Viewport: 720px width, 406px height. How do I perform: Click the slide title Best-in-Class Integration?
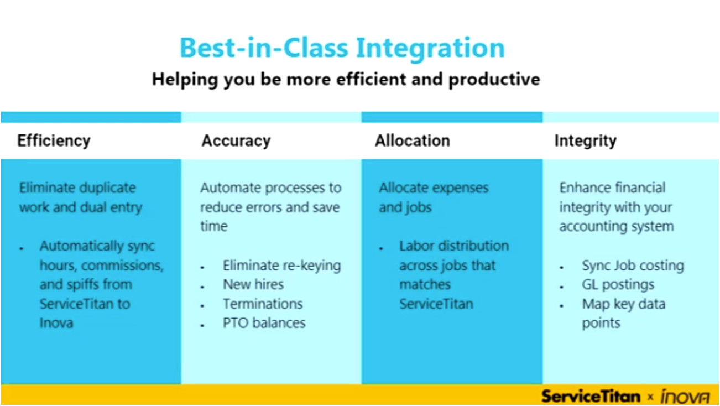click(x=342, y=48)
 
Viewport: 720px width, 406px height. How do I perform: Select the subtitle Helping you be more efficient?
click(x=346, y=79)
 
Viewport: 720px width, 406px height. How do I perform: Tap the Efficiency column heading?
click(x=54, y=140)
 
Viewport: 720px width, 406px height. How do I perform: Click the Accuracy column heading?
click(x=236, y=140)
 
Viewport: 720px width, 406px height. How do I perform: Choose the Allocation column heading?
click(x=412, y=140)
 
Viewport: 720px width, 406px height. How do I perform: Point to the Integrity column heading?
click(x=585, y=140)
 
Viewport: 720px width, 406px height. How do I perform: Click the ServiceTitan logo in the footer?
click(x=591, y=396)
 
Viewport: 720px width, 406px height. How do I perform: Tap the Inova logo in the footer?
click(x=685, y=396)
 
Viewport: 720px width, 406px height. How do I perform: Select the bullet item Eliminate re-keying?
click(x=281, y=266)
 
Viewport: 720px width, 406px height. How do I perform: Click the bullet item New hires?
click(x=253, y=284)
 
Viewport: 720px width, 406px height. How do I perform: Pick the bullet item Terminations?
click(x=263, y=304)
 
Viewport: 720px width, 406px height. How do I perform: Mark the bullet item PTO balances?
click(x=264, y=322)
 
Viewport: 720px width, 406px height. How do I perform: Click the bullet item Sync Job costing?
click(x=633, y=266)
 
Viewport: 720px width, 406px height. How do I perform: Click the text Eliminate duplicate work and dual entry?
click(x=81, y=197)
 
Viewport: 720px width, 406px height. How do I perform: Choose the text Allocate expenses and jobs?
click(x=433, y=197)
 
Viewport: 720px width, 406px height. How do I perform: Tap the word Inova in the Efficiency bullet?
click(x=56, y=322)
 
